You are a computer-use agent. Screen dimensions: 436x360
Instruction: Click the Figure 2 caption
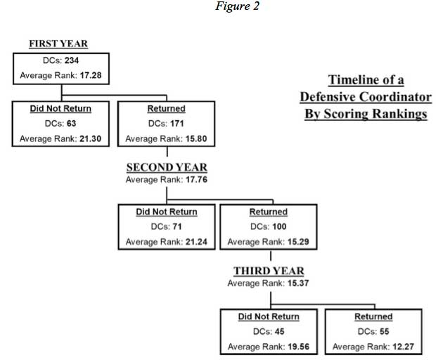(x=237, y=6)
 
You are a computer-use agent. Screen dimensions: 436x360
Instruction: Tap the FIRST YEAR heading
(x=58, y=44)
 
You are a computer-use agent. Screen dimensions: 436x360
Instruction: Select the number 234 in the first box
(x=72, y=60)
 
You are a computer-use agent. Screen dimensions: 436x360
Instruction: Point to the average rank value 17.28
(x=91, y=75)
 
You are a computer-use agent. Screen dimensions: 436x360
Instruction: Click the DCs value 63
(x=72, y=124)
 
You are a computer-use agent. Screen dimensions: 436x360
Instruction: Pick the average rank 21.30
(x=91, y=139)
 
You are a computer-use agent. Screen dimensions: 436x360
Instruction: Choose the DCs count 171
(x=177, y=124)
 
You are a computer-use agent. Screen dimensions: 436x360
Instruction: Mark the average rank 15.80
(x=196, y=139)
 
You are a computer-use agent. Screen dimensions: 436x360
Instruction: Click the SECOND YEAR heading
(x=167, y=167)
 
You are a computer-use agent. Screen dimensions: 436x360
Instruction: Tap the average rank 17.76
(x=197, y=179)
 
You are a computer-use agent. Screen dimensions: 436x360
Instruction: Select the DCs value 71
(x=177, y=226)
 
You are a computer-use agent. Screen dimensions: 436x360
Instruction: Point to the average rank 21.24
(x=197, y=242)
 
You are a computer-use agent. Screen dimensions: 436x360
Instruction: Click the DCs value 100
(x=279, y=226)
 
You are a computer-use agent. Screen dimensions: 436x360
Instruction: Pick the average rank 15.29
(x=298, y=242)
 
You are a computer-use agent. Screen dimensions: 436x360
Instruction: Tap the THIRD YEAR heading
(x=269, y=271)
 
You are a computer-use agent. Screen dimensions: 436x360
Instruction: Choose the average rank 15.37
(x=298, y=283)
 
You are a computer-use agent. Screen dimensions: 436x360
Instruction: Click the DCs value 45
(x=280, y=331)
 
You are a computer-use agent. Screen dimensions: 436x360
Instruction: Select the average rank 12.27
(x=403, y=347)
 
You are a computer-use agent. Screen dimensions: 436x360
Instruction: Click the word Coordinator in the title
(x=395, y=97)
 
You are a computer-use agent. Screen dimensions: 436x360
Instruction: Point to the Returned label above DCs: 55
(x=373, y=316)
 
